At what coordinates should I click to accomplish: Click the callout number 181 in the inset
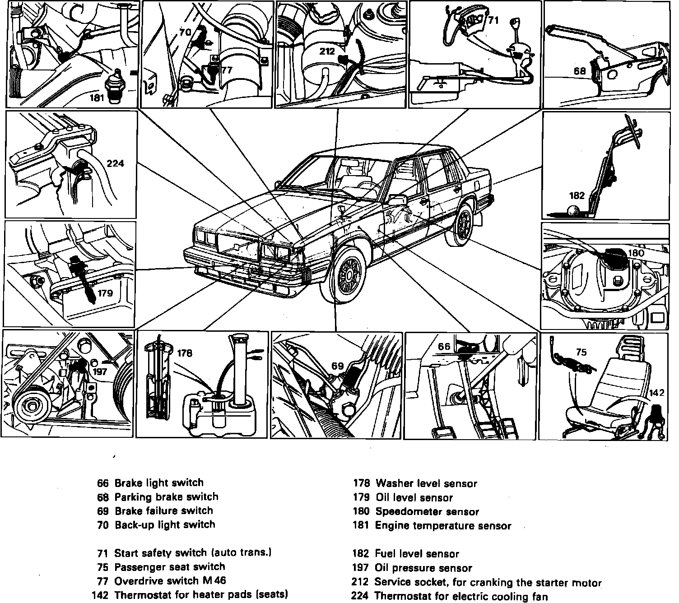click(97, 97)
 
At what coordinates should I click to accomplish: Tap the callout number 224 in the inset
click(115, 163)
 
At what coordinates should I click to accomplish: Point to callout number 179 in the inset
click(105, 293)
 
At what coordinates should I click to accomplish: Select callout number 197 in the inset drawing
click(100, 371)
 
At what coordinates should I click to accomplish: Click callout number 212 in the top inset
click(327, 51)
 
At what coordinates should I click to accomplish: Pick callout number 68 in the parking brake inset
click(580, 71)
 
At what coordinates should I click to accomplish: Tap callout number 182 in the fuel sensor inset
click(577, 195)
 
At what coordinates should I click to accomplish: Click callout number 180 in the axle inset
click(636, 253)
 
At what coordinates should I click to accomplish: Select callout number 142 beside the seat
click(656, 393)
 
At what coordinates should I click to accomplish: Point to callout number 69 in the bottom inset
click(338, 366)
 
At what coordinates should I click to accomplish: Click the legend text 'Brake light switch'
click(159, 482)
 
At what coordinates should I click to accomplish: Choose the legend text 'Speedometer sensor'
click(427, 511)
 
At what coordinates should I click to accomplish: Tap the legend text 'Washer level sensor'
click(426, 483)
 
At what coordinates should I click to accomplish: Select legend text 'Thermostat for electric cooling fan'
click(461, 596)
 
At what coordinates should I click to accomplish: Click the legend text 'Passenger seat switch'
click(169, 566)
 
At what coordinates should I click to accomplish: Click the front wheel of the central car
click(350, 274)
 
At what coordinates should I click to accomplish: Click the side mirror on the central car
click(395, 199)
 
